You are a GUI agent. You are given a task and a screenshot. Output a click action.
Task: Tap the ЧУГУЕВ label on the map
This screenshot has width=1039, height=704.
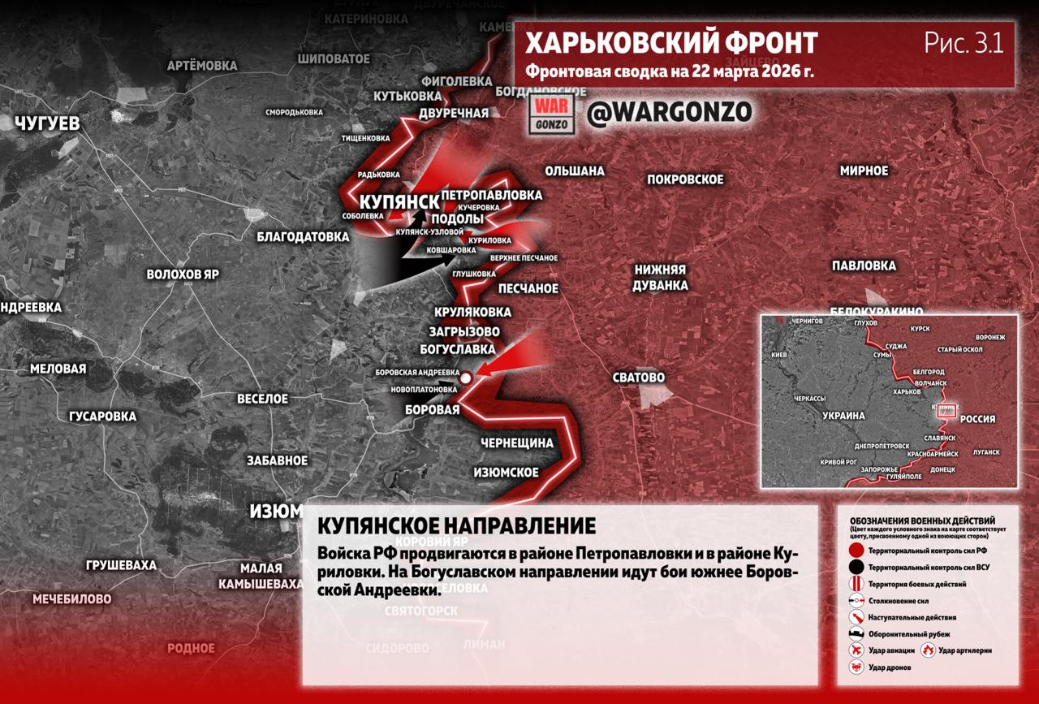(48, 123)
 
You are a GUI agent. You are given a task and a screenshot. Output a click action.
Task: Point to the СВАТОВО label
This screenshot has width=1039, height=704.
(639, 378)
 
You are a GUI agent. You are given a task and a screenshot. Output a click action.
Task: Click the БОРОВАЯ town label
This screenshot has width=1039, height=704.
(433, 410)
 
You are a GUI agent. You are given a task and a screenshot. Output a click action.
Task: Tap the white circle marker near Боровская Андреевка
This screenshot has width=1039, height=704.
(466, 378)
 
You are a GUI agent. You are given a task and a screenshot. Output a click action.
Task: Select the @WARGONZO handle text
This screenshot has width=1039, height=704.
(669, 112)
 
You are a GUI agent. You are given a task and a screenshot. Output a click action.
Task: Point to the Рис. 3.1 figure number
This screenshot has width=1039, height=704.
(964, 43)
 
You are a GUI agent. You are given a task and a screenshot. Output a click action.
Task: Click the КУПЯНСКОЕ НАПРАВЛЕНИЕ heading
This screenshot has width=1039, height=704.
(456, 525)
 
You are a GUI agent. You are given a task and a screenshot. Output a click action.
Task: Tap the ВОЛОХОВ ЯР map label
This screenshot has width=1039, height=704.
(183, 274)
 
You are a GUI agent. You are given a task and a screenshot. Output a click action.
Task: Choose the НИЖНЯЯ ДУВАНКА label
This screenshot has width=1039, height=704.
(661, 277)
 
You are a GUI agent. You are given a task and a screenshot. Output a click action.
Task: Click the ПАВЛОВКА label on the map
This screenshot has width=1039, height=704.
(864, 266)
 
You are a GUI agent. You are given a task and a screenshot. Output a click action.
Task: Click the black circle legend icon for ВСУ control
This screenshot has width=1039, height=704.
(856, 567)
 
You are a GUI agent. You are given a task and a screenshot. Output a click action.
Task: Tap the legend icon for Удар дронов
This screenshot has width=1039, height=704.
(856, 667)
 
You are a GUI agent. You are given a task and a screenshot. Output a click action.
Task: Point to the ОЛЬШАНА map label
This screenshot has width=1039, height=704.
(574, 171)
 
